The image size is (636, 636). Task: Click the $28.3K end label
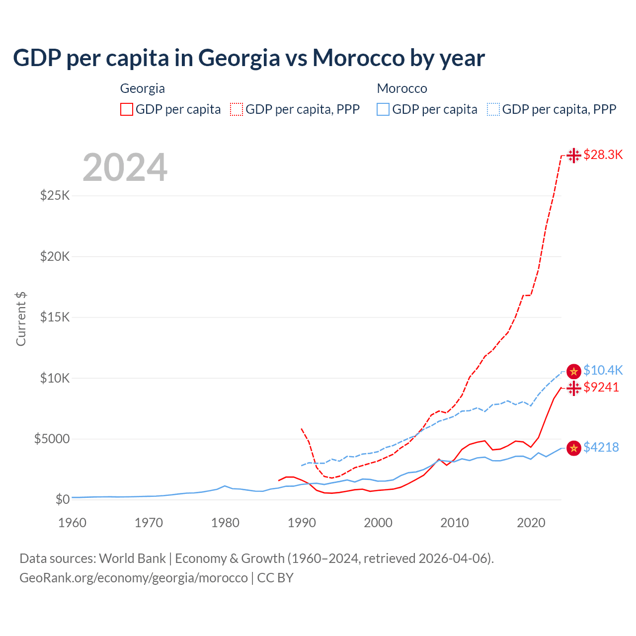(603, 155)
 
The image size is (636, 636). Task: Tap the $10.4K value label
(603, 370)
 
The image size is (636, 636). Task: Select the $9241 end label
(601, 387)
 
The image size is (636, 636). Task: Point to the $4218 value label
(601, 447)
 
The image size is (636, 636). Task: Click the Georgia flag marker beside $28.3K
(574, 155)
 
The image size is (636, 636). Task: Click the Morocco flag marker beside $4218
(574, 448)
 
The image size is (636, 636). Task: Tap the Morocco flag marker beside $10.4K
(574, 371)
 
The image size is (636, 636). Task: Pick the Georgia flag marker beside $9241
(574, 388)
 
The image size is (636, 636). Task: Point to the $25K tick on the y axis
(55, 195)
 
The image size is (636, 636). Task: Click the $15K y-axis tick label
(55, 317)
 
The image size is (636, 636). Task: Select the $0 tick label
(62, 499)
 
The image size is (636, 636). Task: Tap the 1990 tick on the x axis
(302, 523)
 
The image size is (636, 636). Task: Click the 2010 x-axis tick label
(455, 523)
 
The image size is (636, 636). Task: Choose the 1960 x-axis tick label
(73, 523)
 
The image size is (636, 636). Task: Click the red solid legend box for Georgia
(127, 109)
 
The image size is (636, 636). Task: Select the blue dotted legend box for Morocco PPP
(493, 109)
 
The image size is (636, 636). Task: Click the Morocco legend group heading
(402, 88)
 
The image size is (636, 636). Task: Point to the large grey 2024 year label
(125, 167)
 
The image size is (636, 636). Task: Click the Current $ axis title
(21, 318)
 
